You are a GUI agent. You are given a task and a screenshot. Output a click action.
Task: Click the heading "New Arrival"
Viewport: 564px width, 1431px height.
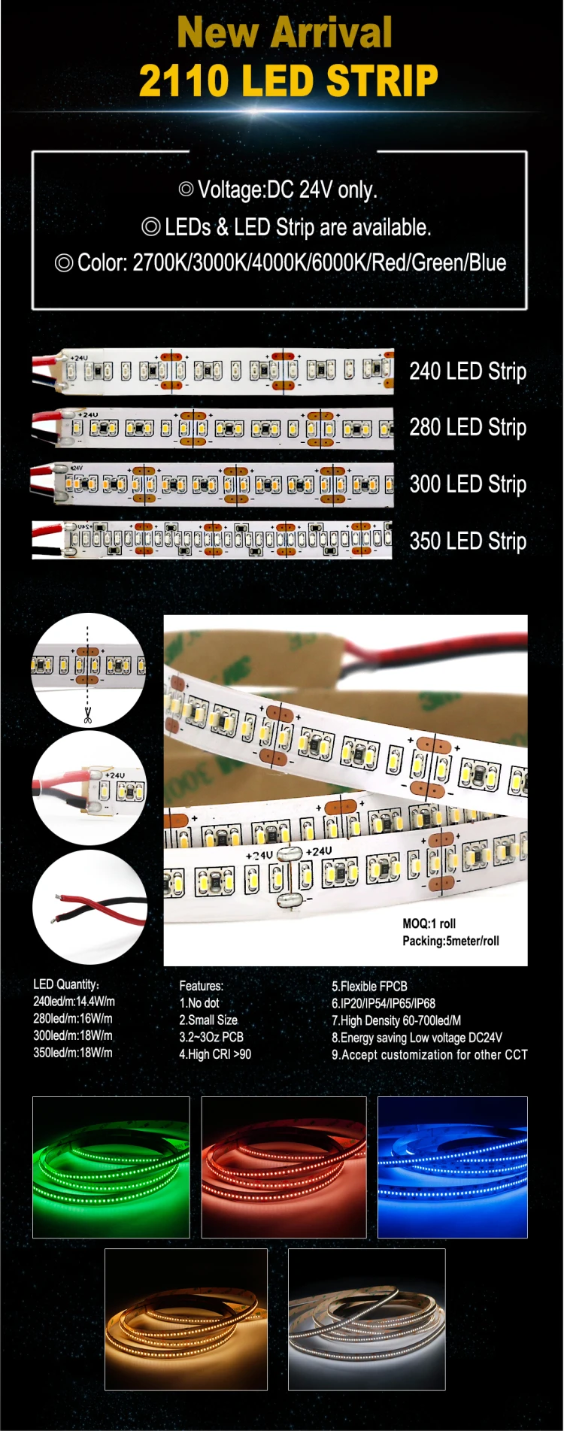tap(284, 32)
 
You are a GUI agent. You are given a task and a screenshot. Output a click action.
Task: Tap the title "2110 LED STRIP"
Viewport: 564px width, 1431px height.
tap(288, 81)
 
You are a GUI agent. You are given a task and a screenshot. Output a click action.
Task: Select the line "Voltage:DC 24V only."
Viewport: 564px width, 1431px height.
tap(278, 189)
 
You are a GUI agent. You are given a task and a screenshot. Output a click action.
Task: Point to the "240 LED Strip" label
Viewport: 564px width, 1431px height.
tap(467, 371)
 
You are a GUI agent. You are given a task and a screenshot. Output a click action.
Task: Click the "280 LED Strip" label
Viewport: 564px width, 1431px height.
tap(467, 427)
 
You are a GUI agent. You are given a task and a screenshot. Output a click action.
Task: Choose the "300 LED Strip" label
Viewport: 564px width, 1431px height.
tap(467, 484)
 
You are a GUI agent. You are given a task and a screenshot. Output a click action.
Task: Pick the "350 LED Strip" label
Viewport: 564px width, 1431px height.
tap(467, 541)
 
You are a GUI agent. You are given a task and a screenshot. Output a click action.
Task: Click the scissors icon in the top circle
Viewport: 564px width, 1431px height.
tap(88, 715)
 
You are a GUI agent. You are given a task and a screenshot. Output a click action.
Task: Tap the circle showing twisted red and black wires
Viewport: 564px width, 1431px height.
tap(89, 907)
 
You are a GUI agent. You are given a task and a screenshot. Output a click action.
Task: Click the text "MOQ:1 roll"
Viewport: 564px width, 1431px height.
tap(429, 923)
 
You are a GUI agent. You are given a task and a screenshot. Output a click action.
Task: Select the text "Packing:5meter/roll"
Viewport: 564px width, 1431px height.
tap(450, 941)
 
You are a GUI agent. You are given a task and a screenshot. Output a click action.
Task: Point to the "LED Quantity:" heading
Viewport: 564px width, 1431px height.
tap(66, 984)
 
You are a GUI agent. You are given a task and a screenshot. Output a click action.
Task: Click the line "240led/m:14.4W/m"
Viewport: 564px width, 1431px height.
tap(74, 1002)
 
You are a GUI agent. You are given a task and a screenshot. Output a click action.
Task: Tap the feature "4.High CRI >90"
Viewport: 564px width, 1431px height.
tap(215, 1054)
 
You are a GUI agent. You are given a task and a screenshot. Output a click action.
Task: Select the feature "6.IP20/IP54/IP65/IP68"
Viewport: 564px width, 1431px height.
tap(384, 1003)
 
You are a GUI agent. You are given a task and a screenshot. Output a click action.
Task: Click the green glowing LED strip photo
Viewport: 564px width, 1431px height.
tap(111, 1167)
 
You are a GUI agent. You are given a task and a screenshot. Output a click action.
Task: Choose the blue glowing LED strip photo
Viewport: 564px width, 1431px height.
tap(452, 1167)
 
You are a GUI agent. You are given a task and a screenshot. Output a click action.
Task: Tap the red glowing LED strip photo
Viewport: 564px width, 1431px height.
tap(284, 1167)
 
